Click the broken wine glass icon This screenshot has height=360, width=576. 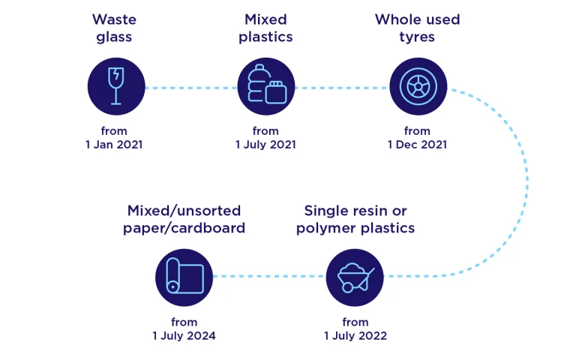point(116,86)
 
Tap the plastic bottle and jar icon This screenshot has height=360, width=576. point(266,86)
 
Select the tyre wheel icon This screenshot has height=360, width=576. point(418,86)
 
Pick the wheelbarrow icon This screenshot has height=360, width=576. point(355,277)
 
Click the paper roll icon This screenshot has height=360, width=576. point(184,277)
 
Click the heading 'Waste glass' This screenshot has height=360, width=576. point(114,28)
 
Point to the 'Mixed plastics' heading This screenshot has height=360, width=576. point(265,28)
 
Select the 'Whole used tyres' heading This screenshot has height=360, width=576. point(417,28)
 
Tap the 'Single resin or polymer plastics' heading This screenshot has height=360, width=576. point(355,219)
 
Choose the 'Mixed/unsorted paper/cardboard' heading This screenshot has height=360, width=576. point(184,219)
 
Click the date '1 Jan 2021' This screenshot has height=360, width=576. point(114,145)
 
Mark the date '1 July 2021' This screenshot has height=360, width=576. point(265,145)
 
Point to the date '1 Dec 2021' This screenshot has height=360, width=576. point(417,145)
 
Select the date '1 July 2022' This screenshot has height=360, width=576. point(355,336)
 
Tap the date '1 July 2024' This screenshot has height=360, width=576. point(184,336)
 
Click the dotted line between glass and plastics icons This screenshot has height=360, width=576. point(191,88)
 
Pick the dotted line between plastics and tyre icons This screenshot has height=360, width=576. point(342,88)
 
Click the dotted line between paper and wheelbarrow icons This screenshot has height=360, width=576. point(269,276)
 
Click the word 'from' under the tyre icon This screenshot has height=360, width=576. point(417,131)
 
